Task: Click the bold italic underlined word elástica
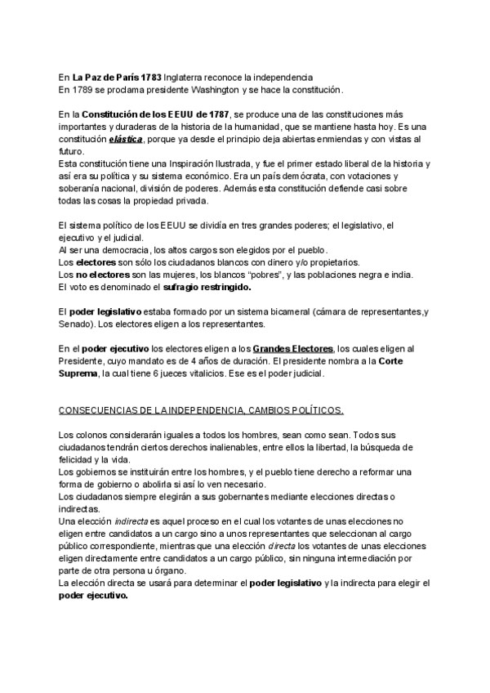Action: pos(131,140)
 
